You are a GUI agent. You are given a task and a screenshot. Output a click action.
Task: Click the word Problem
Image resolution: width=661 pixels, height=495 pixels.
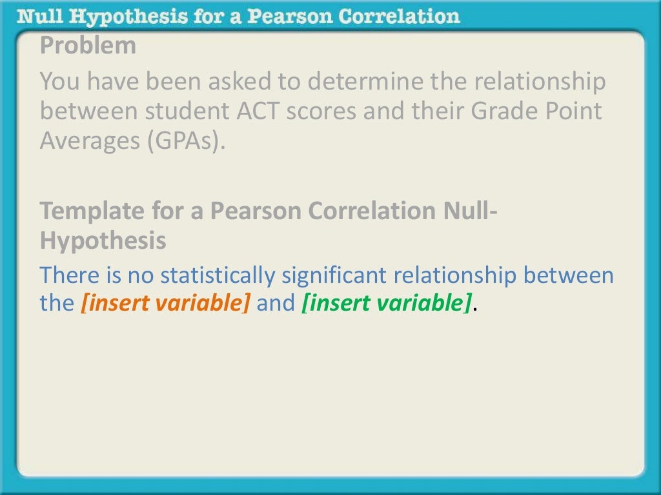88,46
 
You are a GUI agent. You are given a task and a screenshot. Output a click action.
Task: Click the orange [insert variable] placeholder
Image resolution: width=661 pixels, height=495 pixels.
165,304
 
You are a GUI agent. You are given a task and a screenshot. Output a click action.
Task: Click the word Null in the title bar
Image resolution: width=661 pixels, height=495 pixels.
42,15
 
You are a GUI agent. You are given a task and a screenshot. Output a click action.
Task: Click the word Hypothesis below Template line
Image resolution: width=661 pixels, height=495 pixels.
103,240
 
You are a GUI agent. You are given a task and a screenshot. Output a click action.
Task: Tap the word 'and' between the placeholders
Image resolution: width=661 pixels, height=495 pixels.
276,304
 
